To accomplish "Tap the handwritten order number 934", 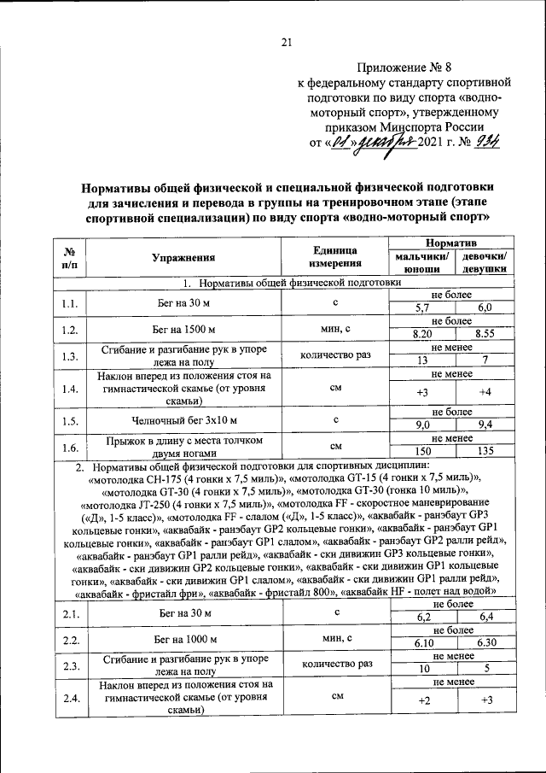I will [x=489, y=142].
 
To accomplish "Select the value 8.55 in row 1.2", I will [x=485, y=333].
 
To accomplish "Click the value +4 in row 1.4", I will [x=485, y=392].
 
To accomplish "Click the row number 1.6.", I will [x=71, y=445].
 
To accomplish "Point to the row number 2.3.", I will [x=71, y=664].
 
